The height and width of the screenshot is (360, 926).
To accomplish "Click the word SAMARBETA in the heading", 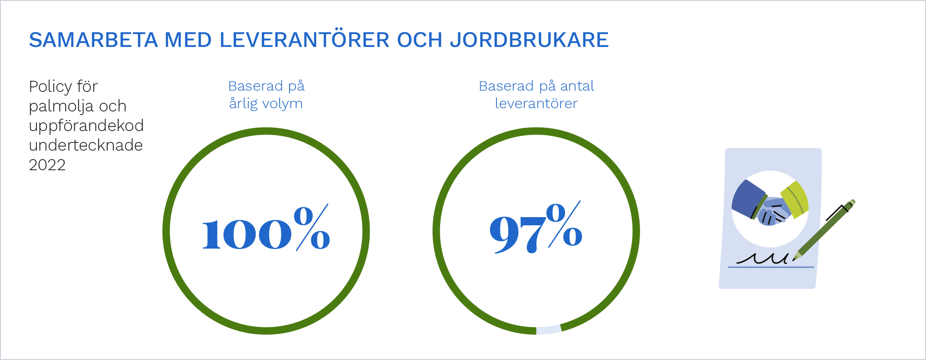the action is pos(93,40).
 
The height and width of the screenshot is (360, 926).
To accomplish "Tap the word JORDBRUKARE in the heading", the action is pos(530,40).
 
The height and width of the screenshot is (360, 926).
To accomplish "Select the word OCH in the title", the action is pos(420,40).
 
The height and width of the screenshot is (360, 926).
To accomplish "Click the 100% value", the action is pos(266,227).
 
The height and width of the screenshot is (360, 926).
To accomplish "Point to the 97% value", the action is pos(536,227).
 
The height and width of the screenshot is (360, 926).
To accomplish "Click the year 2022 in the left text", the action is pos(47,165).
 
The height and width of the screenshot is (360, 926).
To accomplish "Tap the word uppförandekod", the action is pos(86,126).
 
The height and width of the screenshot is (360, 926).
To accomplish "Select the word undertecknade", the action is pos(86,145).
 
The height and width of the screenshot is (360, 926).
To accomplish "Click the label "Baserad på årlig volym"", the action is pos(266,95).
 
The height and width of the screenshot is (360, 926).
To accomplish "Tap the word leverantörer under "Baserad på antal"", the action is pos(536,104).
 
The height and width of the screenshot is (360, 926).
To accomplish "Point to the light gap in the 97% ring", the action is pos(549,330).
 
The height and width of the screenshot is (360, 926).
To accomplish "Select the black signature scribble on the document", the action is pos(762,258).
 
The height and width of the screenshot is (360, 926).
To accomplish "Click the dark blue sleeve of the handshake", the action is pos(748,199).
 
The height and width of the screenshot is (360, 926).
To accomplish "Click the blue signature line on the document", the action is pos(771,267).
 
